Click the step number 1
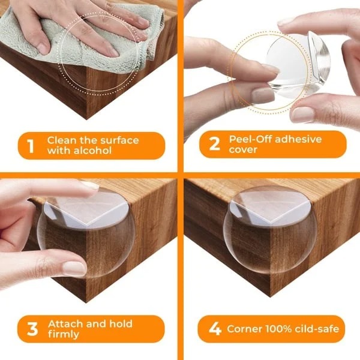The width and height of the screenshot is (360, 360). tap(28, 146)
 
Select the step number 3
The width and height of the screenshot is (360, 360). tap(28, 329)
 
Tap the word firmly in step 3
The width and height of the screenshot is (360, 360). tap(64, 334)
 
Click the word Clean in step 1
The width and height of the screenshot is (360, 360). tap(62, 140)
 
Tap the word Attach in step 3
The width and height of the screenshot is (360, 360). tap(64, 323)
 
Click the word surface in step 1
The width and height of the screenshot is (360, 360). tap(117, 140)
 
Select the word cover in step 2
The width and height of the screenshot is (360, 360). tap(243, 151)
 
